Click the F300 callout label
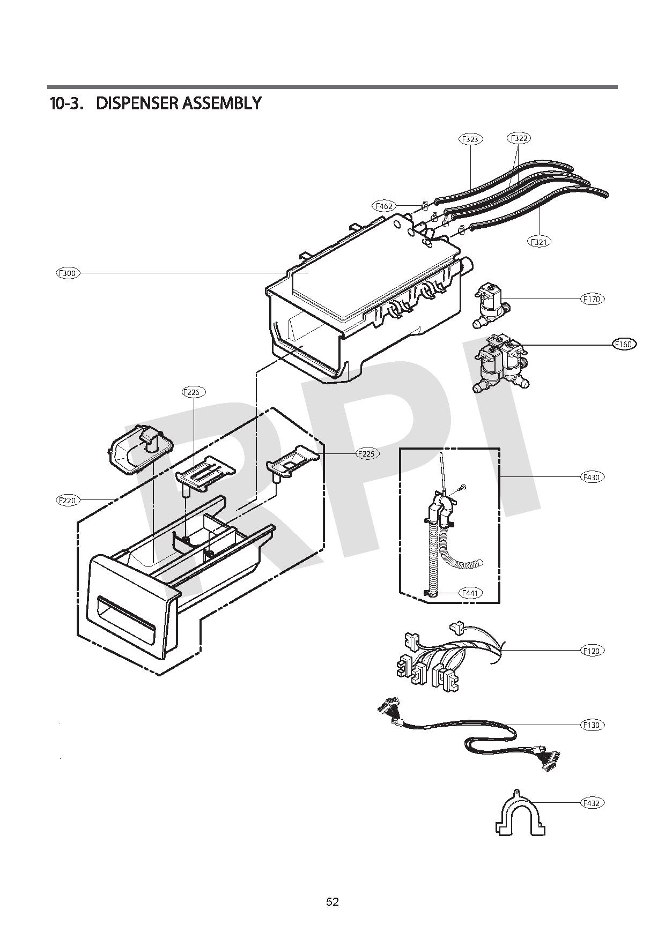pos(68,273)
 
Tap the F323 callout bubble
pos(470,139)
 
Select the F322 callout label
pos(518,138)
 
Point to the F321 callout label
pos(539,242)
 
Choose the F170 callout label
pos(592,299)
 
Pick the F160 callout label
pos(624,344)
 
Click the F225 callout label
pos(367,453)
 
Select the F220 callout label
pos(68,500)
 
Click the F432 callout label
pos(592,803)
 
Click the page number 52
pos(332,901)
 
